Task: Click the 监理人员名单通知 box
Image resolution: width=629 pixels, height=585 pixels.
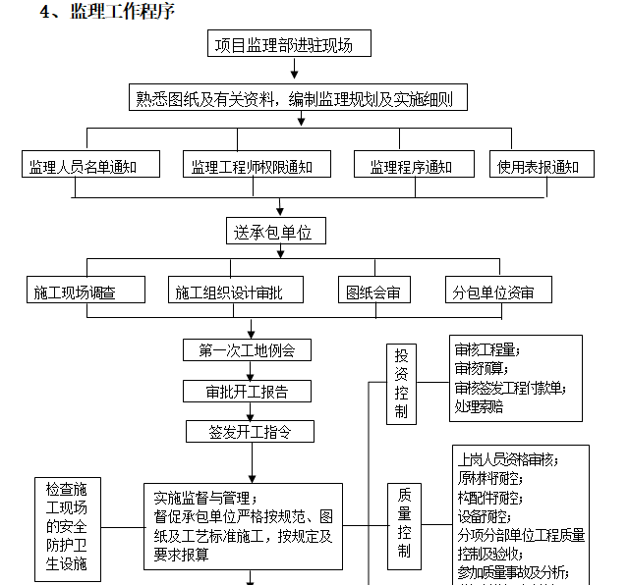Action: pos(91,167)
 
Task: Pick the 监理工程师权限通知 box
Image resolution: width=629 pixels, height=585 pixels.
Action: pos(257,167)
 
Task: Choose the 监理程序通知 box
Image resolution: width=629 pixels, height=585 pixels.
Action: pos(410,167)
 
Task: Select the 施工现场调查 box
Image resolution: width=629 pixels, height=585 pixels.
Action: pos(86,292)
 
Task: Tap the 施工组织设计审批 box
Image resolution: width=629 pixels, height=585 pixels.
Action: pos(236,292)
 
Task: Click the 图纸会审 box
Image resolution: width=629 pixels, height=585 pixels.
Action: pos(373,292)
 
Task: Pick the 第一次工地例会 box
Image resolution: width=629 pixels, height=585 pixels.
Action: pos(248,349)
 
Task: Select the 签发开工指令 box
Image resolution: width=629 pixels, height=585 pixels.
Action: pos(248,432)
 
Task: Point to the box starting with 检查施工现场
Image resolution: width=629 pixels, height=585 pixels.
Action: pos(67,527)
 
